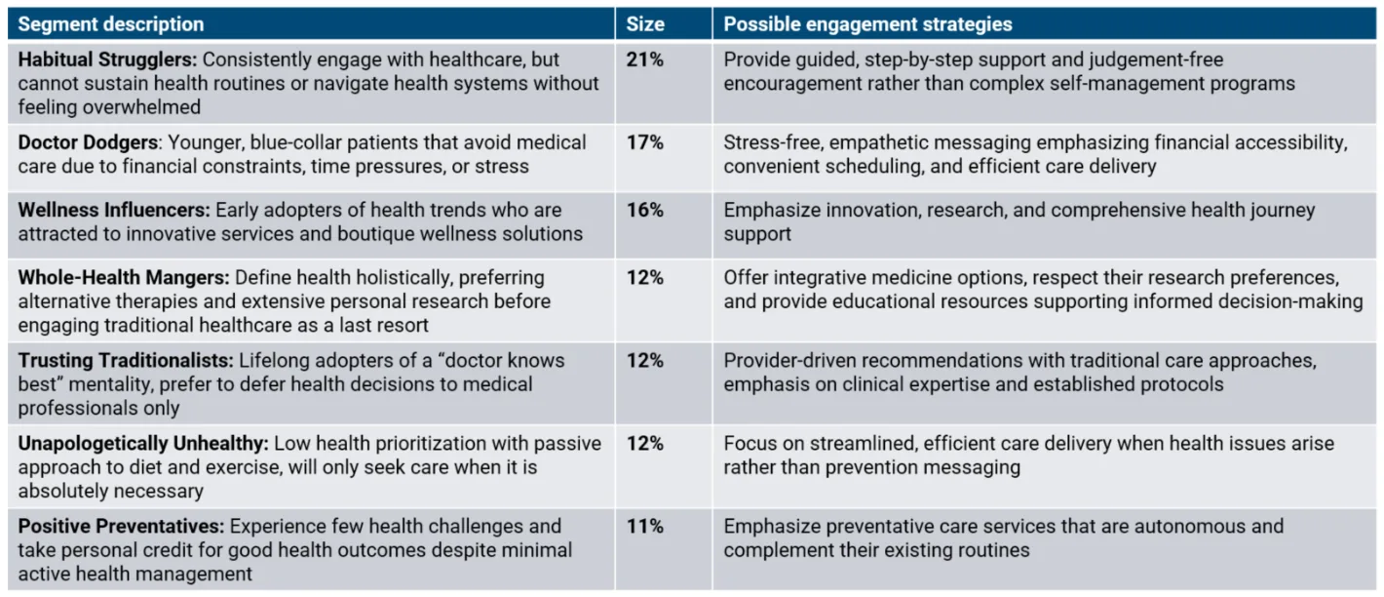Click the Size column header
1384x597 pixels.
click(x=644, y=24)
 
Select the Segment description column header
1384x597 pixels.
click(x=111, y=24)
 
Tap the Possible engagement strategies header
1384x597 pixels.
click(x=867, y=24)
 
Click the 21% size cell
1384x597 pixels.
click(x=644, y=60)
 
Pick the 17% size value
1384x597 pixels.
click(x=644, y=142)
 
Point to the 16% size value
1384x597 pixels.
click(x=644, y=210)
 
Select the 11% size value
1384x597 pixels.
click(x=644, y=527)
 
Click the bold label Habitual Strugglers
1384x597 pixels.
click(x=106, y=60)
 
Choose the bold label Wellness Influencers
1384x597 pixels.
click(x=112, y=210)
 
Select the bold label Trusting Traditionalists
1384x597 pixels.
click(x=120, y=361)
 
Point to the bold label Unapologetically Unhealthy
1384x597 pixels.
click(x=142, y=444)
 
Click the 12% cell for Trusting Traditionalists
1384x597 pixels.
click(x=644, y=361)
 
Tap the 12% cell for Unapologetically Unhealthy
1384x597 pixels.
click(x=644, y=444)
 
